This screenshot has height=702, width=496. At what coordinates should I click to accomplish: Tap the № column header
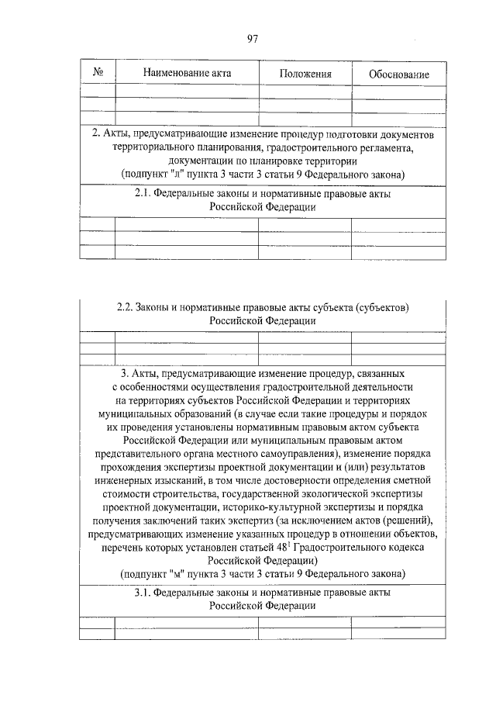click(98, 73)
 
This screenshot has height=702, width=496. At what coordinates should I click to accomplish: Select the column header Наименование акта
click(187, 73)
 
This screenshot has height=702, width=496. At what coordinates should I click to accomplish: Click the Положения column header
click(305, 74)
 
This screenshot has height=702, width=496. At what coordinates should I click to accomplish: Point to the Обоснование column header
click(399, 74)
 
